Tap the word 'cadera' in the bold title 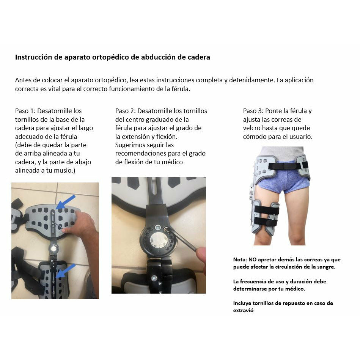[x=199, y=57]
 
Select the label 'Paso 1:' [x=25, y=111]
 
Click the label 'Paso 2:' [x=125, y=111]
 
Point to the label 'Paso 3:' [x=253, y=111]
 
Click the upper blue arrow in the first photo [x=66, y=202]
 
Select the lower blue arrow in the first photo [x=66, y=271]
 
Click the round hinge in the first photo [x=53, y=248]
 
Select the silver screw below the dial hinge [x=154, y=278]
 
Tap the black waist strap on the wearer [x=288, y=166]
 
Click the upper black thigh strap [x=267, y=210]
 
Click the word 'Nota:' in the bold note [x=240, y=260]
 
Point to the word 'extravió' [x=244, y=310]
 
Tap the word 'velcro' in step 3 [x=252, y=128]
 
